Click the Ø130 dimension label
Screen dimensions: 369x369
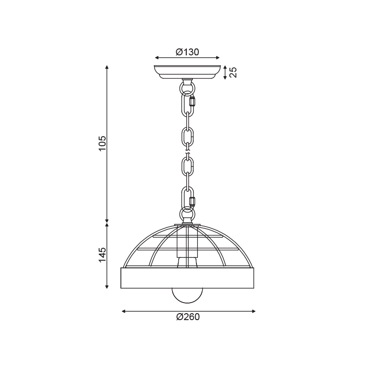coord(187,52)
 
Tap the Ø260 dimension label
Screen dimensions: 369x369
coord(188,317)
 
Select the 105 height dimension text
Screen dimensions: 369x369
coord(102,143)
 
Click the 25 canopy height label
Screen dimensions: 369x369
coord(233,72)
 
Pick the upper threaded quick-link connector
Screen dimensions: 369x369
coord(192,101)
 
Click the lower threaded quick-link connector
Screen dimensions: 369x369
coord(192,201)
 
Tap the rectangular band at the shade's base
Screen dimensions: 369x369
coord(187,278)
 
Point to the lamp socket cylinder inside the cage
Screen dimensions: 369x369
coord(187,242)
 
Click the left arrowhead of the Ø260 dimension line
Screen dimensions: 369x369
coord(123,311)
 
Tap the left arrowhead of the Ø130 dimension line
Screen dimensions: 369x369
coord(156,58)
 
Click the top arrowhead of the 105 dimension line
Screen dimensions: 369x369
coord(107,68)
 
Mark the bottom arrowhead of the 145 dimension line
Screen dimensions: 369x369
coord(107,286)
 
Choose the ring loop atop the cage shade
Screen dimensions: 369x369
coord(187,215)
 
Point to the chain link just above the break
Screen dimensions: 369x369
coord(188,137)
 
